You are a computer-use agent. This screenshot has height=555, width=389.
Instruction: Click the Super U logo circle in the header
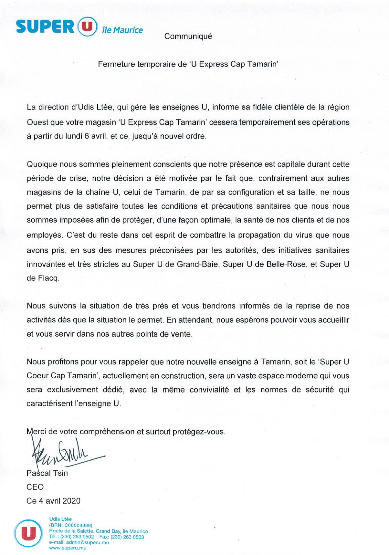tap(86, 26)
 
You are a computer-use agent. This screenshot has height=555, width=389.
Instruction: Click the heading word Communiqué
tap(188, 37)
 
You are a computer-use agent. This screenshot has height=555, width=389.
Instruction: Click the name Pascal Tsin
tap(47, 473)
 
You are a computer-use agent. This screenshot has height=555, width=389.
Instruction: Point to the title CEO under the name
tap(35, 487)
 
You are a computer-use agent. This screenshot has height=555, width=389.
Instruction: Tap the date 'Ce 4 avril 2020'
tap(53, 501)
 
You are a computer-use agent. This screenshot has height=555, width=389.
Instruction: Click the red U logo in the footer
tap(28, 532)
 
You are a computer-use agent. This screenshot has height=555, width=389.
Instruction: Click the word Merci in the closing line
tap(37, 432)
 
